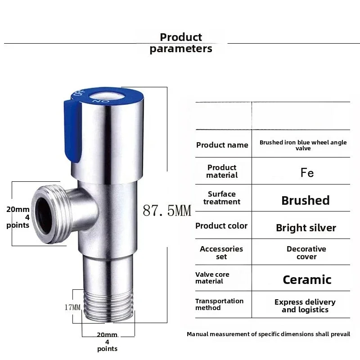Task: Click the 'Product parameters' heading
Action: (181, 43)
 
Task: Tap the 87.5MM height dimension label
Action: (167, 210)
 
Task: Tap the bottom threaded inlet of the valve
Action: (108, 306)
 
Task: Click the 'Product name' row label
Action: (222, 145)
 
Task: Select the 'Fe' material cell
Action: (307, 173)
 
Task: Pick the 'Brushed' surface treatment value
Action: (305, 200)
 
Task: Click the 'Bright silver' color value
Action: (306, 228)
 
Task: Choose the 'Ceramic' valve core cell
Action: (307, 280)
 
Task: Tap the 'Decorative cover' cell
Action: (306, 253)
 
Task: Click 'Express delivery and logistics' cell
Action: (305, 306)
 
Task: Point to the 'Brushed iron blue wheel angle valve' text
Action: (303, 145)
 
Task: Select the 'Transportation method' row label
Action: (219, 305)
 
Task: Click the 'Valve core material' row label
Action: (212, 278)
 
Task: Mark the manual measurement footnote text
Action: (268, 334)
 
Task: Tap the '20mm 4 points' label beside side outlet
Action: (18, 217)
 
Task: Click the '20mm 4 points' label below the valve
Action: (107, 342)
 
